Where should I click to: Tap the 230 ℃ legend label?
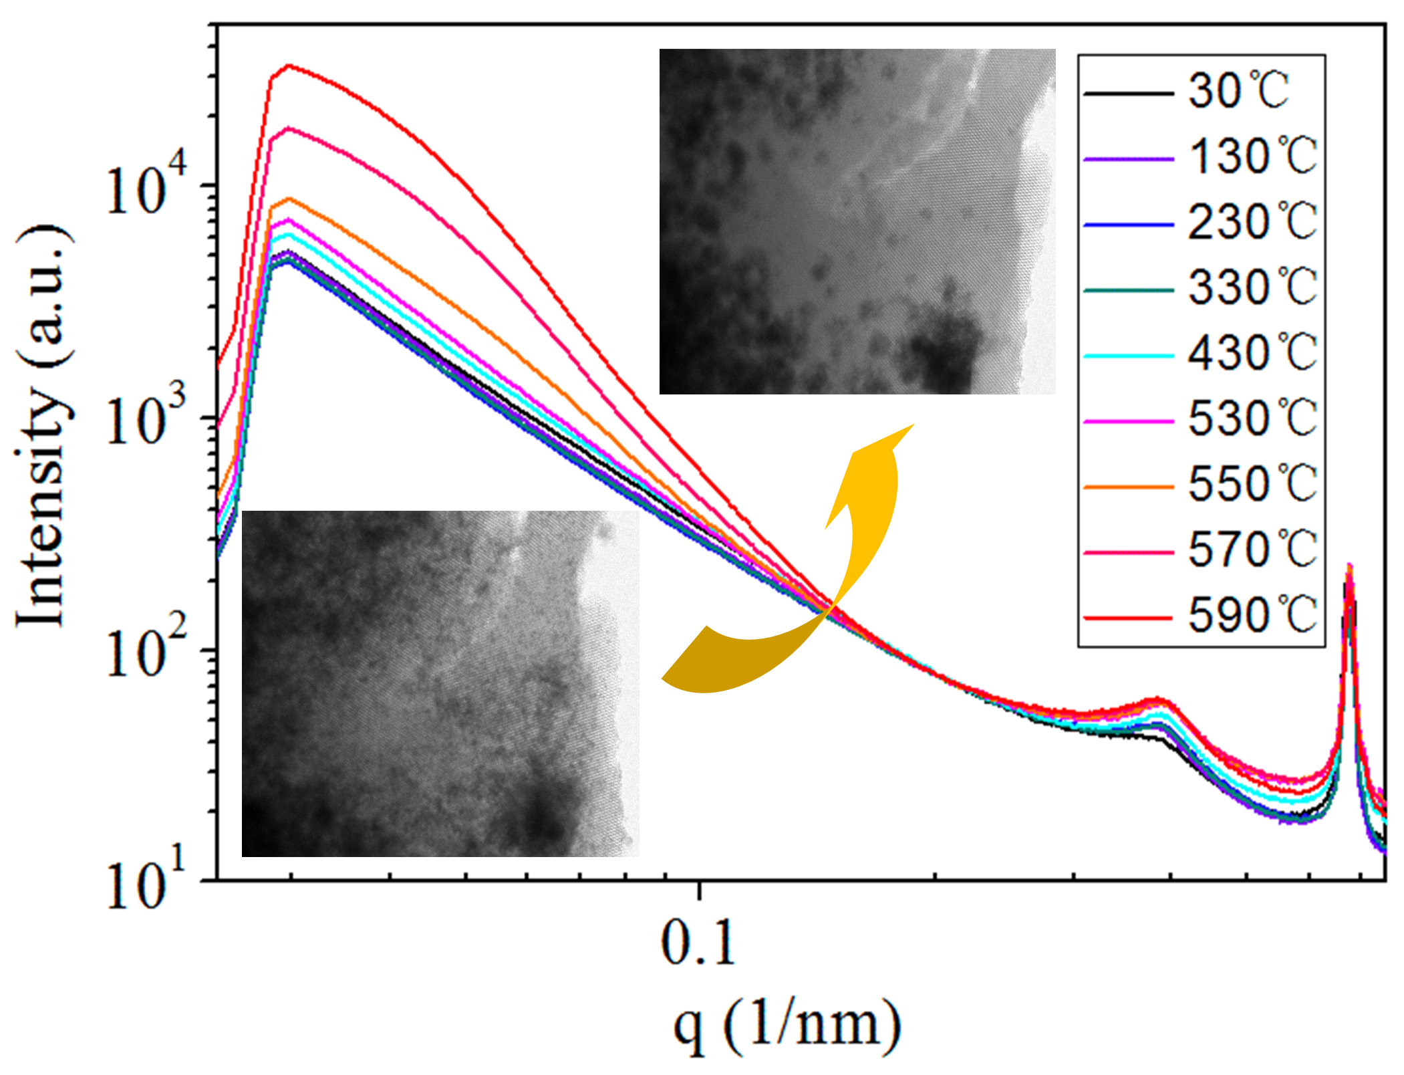tap(1252, 222)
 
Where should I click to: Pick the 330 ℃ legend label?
tap(1252, 287)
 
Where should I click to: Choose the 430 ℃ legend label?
tap(1252, 353)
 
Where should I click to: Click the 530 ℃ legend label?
tap(1252, 419)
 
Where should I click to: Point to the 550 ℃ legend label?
tap(1252, 483)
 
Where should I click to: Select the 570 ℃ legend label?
tap(1252, 550)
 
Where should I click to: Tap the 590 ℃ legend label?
tap(1252, 615)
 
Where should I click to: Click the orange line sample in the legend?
tap(1128, 487)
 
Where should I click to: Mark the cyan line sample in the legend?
tap(1128, 356)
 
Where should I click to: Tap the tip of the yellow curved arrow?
tap(914, 425)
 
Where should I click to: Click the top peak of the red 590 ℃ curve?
tap(289, 66)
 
